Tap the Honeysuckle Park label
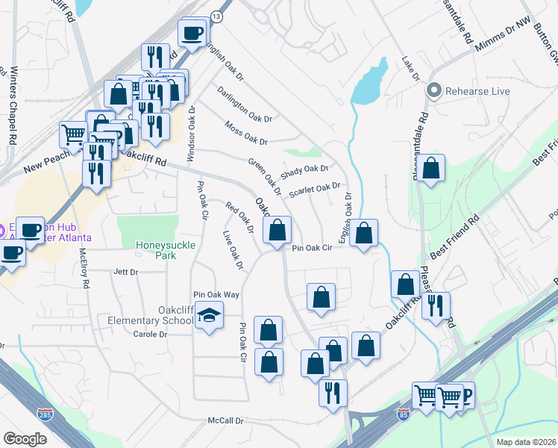point(156,249)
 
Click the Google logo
point(25,439)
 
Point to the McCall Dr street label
point(226,421)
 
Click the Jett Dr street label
point(125,273)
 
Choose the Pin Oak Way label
point(216,295)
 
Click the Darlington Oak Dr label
point(245,105)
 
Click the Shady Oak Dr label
point(304,172)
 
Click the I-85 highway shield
point(404,414)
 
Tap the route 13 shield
point(216,16)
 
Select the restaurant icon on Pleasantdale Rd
point(436,306)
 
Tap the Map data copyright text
point(526,442)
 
